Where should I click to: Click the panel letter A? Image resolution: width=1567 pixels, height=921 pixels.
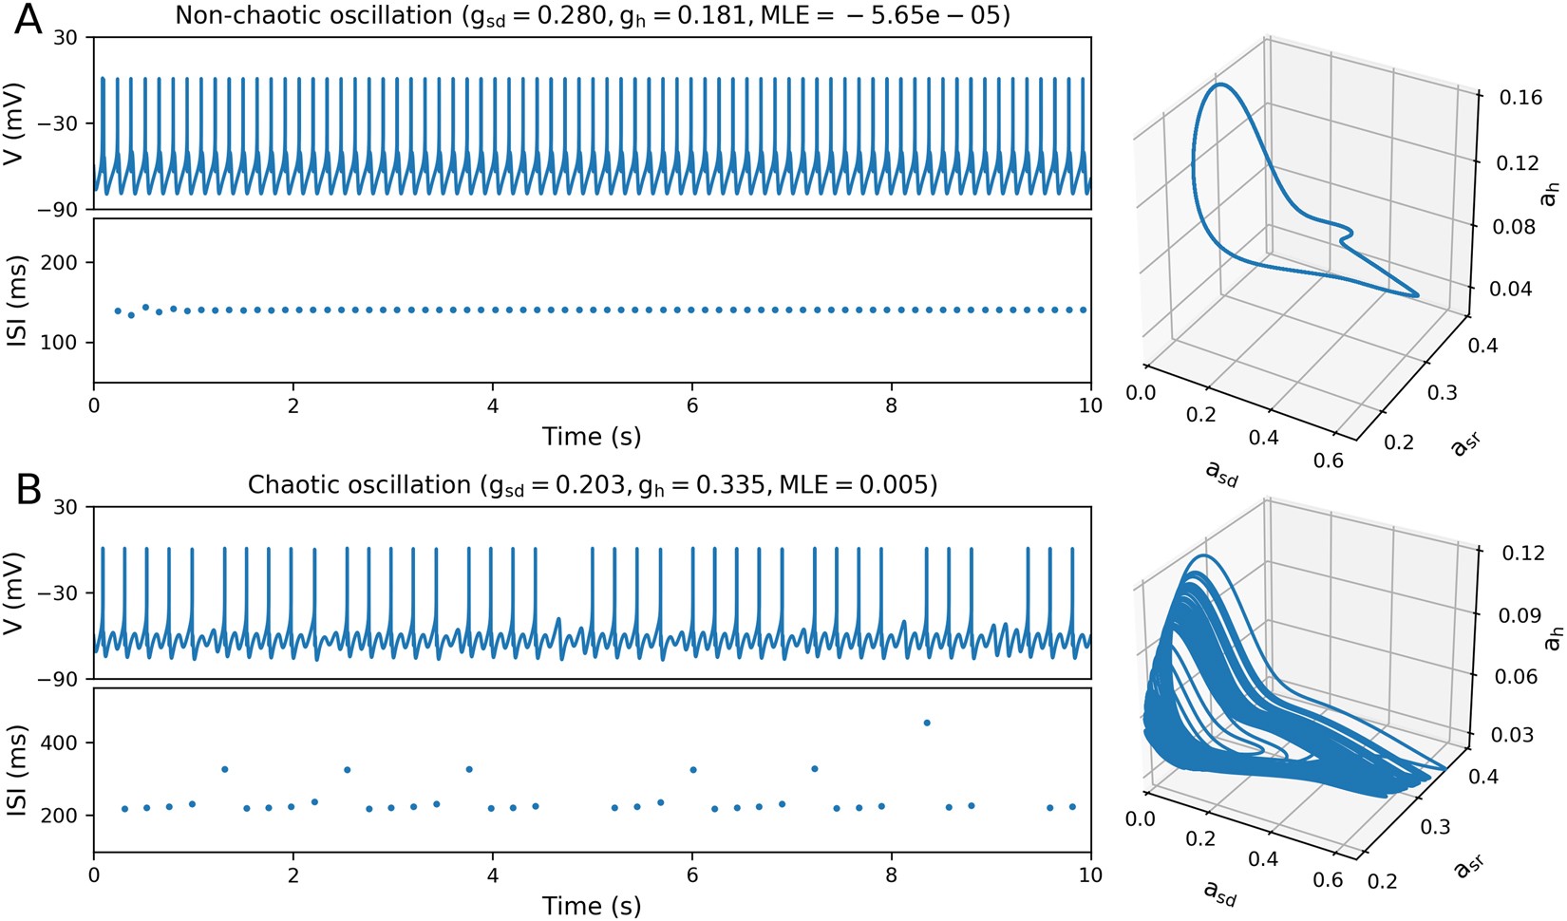coord(28,19)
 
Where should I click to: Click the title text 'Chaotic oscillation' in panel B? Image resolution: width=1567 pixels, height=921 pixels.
coord(359,484)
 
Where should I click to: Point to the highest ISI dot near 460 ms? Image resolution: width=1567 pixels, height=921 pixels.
coord(927,723)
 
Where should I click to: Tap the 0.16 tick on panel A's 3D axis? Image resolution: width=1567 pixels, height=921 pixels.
coord(1519,98)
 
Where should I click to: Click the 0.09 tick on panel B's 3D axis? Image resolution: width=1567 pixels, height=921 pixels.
coord(1519,614)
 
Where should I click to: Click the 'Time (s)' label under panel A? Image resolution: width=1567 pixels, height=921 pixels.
coord(592,437)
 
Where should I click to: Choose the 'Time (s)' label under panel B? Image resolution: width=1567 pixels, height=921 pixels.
coord(592,906)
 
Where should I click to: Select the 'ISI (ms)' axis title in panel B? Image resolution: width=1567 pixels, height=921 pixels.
coord(15,770)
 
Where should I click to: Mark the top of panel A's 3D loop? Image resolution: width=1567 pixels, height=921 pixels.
coord(1220,85)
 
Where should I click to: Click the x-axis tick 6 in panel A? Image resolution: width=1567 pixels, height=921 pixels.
coord(692,406)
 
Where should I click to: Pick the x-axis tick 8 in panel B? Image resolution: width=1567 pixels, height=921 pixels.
coord(892,875)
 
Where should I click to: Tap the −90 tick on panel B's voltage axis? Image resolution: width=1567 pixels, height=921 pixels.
coord(59,679)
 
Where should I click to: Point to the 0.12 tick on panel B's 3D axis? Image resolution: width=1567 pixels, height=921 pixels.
coord(1519,553)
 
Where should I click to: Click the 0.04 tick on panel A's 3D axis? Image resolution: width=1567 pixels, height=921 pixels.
coord(1519,288)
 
